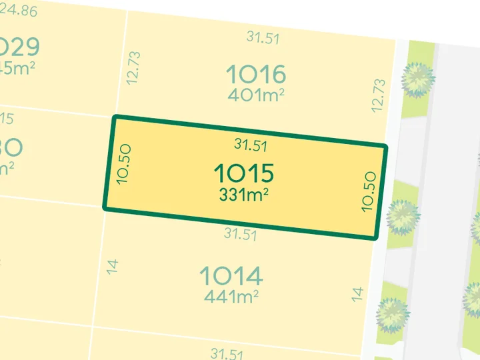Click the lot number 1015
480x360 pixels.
(x=244, y=174)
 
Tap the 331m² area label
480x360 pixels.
(x=244, y=196)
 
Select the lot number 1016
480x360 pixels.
(x=255, y=73)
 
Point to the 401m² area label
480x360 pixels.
(x=256, y=95)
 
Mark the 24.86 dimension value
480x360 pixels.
(x=19, y=9)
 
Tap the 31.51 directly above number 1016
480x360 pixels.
(x=263, y=37)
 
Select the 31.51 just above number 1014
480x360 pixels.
(x=240, y=234)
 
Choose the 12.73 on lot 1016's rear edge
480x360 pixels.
(x=133, y=67)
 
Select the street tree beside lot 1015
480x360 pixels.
(x=402, y=216)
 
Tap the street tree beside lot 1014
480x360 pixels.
(x=392, y=313)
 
